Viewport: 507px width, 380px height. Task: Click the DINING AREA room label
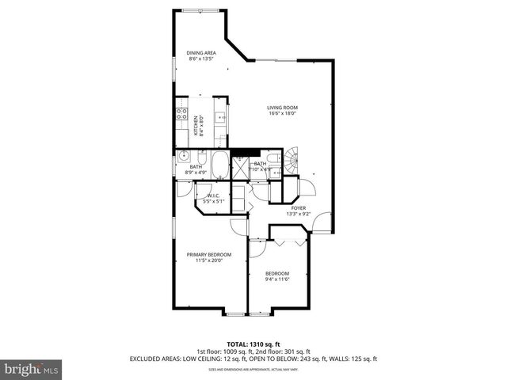tap(201, 53)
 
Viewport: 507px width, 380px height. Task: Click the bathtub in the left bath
tap(219, 166)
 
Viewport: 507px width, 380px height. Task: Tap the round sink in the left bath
tap(181, 155)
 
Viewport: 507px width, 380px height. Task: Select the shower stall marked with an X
tap(238, 165)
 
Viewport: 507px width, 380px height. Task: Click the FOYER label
tap(299, 208)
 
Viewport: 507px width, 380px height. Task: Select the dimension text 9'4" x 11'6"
tap(276, 279)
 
